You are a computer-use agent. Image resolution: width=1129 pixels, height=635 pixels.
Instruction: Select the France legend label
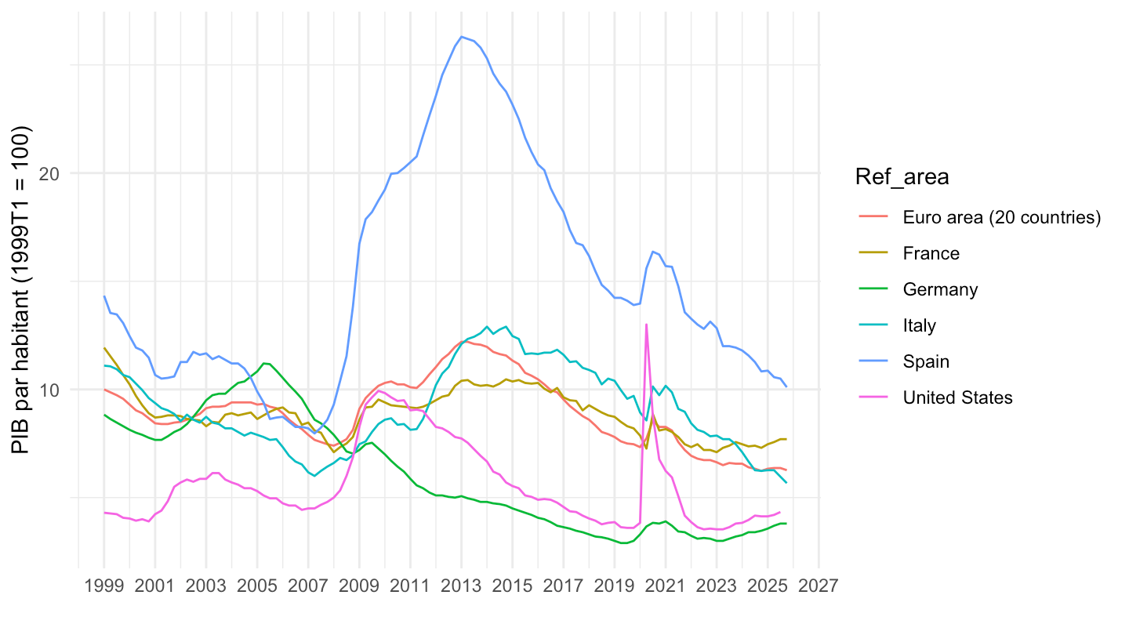(x=931, y=253)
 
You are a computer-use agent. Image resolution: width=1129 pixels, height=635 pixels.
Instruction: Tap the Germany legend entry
(x=940, y=289)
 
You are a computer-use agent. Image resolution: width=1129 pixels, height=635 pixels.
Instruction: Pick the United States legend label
(x=957, y=397)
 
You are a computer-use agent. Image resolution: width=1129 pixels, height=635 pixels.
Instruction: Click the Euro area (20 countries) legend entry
(x=1002, y=217)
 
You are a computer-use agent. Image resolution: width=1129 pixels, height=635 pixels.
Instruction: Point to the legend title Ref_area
(x=902, y=177)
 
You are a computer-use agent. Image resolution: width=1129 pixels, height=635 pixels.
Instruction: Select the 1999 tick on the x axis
(x=103, y=586)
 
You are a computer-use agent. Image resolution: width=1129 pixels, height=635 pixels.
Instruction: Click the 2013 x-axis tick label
(x=461, y=586)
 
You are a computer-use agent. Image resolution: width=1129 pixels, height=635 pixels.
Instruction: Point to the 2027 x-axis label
(x=819, y=586)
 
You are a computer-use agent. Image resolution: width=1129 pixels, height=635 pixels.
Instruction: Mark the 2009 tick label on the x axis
(x=359, y=586)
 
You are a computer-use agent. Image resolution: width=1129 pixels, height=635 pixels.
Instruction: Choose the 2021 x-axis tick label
(x=666, y=586)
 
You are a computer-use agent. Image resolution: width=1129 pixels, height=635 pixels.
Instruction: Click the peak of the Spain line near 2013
(x=462, y=36)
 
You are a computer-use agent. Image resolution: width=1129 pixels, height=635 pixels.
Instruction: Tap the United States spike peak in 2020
(x=646, y=324)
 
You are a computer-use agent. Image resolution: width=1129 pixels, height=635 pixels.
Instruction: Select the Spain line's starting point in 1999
(x=104, y=296)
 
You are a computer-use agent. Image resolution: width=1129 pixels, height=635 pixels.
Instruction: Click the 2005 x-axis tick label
(x=257, y=586)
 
